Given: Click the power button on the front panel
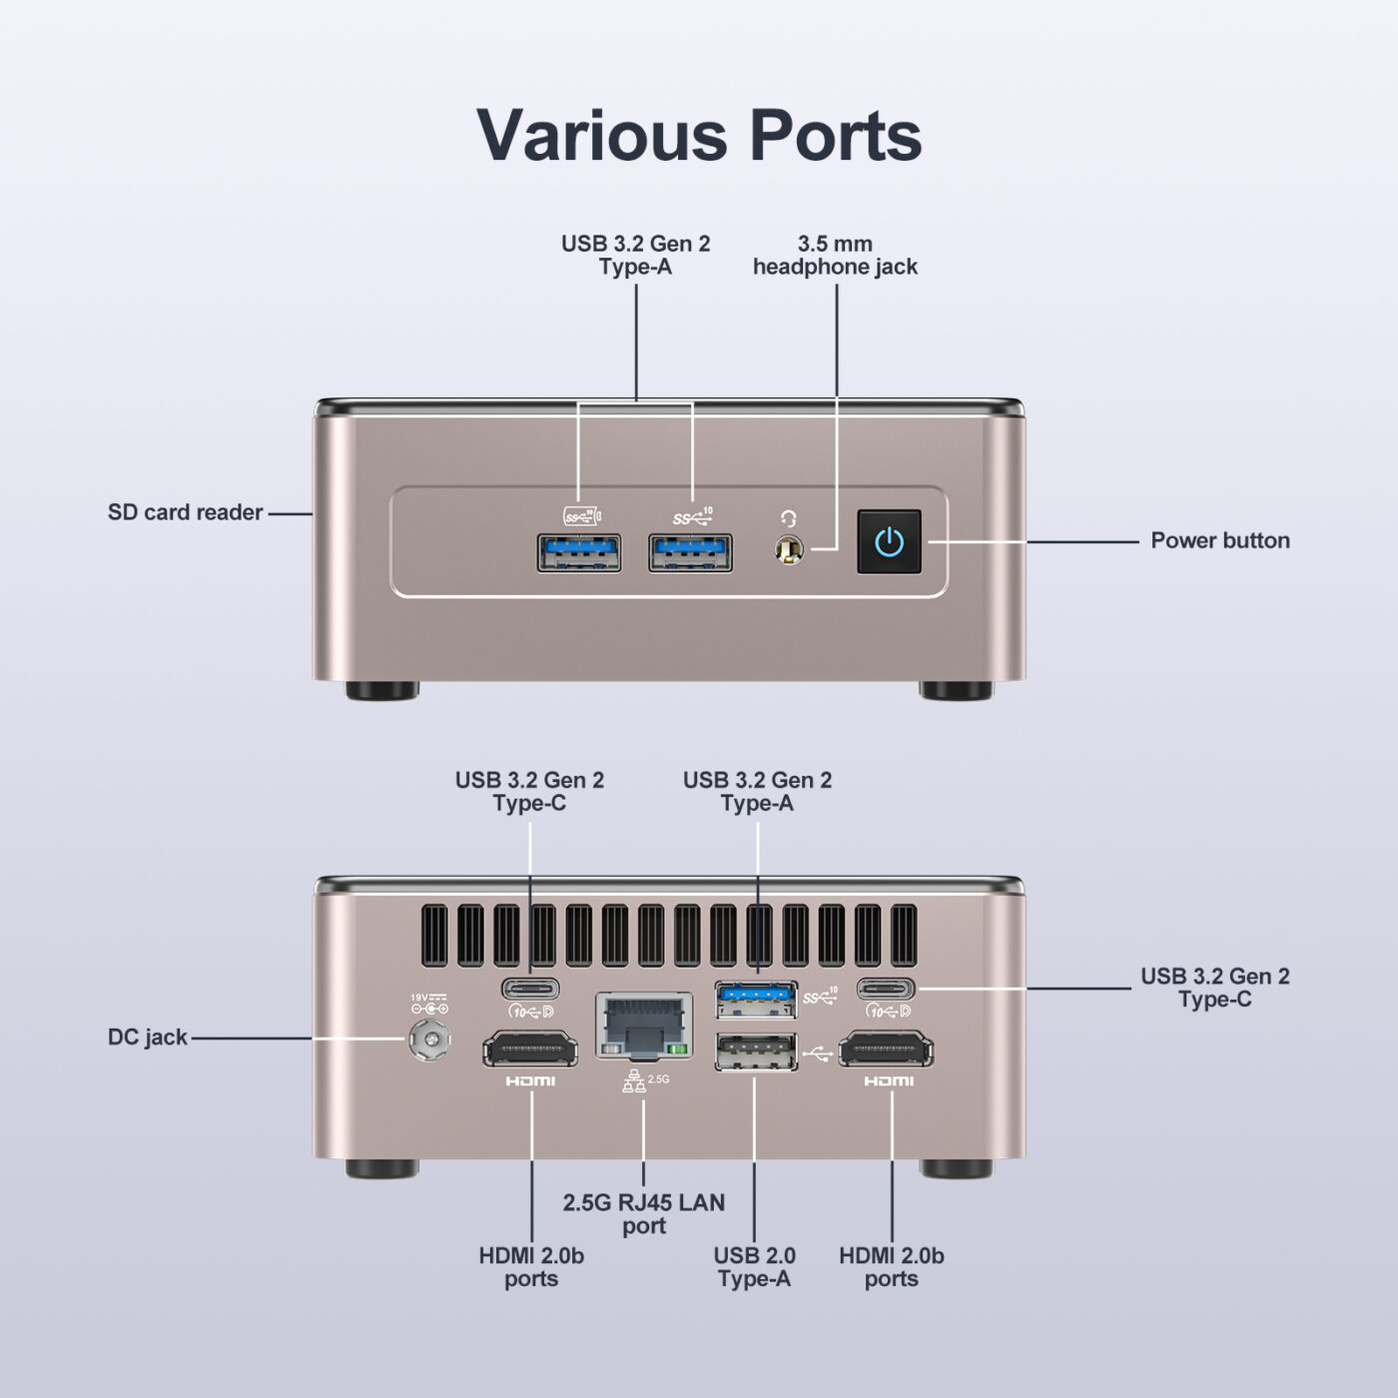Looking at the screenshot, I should (889, 541).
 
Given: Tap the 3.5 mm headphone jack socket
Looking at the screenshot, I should (789, 550).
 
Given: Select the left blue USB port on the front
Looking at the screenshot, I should (579, 552).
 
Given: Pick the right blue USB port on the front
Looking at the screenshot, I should (690, 552).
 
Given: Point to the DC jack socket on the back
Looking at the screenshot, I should (429, 1041).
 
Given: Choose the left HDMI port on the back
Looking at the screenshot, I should (530, 1050).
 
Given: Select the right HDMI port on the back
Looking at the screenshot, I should (887, 1050).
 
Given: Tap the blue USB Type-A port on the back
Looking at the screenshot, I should (756, 997).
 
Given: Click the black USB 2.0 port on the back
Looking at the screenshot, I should (756, 1051).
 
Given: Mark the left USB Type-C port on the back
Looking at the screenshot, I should (530, 990).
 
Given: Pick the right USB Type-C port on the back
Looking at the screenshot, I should (886, 990).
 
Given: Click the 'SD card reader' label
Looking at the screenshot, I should (185, 512).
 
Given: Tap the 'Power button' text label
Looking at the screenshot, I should (1219, 540).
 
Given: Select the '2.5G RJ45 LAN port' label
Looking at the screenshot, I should (644, 1214).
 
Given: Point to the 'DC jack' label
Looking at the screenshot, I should (148, 1038).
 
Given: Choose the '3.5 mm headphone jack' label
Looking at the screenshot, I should (835, 256).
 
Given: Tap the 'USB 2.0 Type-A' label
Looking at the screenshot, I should (754, 1267).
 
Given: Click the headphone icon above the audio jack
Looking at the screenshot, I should (789, 518).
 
